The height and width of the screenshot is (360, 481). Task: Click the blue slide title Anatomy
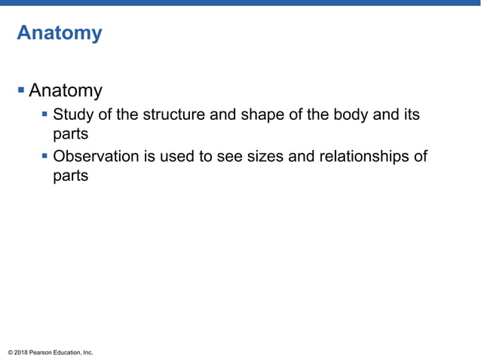click(x=59, y=34)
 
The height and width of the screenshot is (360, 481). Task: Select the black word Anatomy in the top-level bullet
click(x=66, y=91)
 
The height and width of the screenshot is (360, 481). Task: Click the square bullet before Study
click(x=46, y=116)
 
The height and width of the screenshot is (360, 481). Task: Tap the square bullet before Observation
click(x=46, y=157)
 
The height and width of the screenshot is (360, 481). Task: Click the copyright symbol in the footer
click(x=10, y=352)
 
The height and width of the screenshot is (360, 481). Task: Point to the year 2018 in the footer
click(x=21, y=352)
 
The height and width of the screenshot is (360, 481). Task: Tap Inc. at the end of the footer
click(x=87, y=352)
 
